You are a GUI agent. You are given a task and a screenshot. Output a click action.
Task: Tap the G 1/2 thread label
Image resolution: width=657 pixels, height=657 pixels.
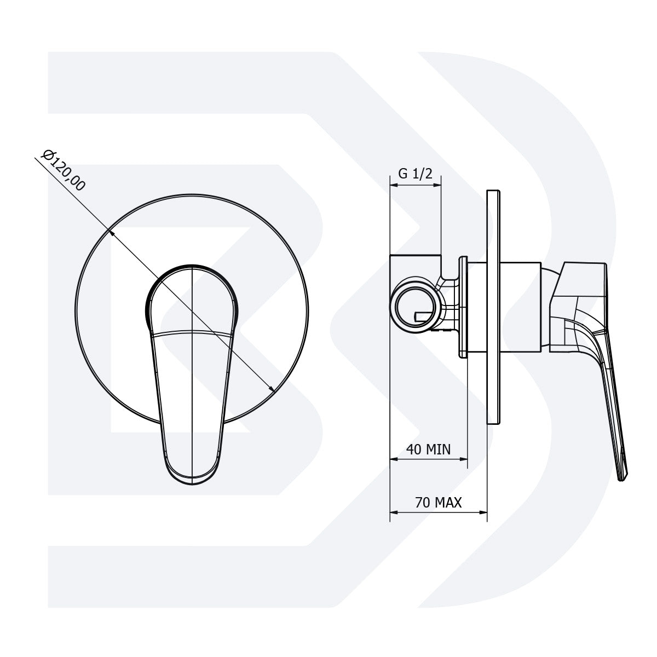[x=415, y=174]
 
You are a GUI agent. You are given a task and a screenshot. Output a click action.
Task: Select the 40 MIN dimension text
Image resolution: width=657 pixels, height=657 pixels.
[x=428, y=449]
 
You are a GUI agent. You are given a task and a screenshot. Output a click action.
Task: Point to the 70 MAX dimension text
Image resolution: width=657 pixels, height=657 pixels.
[x=439, y=502]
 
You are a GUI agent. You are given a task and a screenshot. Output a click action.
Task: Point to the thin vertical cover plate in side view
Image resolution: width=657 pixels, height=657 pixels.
[x=493, y=307]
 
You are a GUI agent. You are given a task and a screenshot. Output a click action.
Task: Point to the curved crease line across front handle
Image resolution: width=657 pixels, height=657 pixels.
[x=192, y=331]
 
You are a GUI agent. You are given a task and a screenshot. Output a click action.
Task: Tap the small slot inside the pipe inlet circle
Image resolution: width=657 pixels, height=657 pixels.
[x=425, y=315]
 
